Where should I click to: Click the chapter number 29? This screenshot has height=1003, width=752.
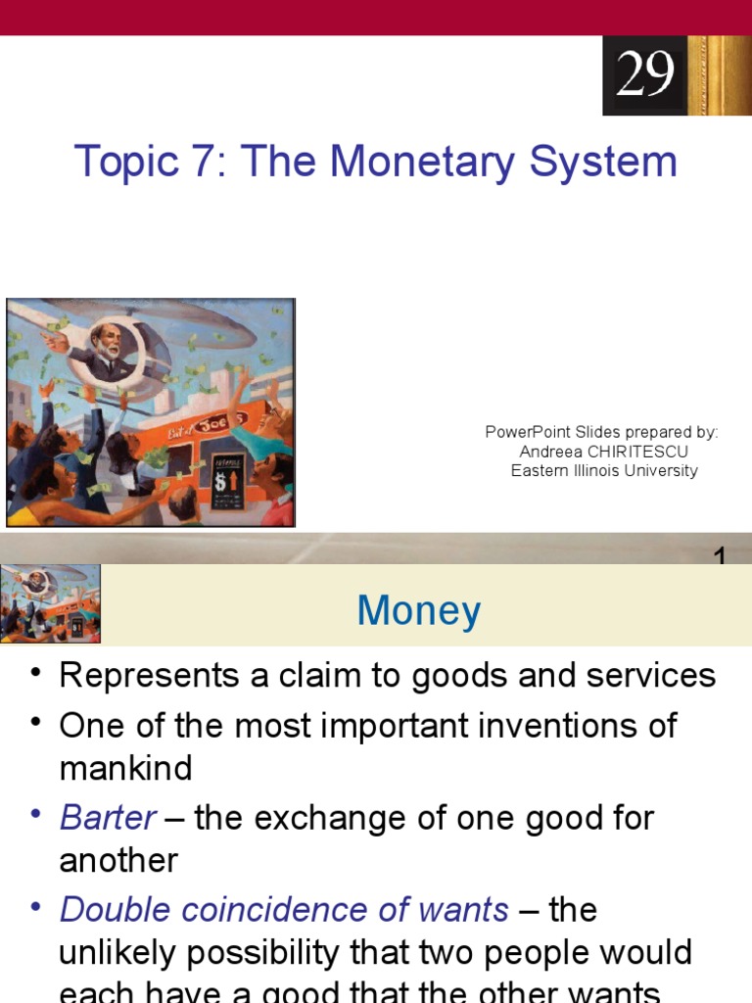pyautogui.click(x=645, y=73)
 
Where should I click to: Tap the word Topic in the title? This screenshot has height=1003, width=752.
pyautogui.click(x=123, y=162)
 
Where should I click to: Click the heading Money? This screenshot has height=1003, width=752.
pyautogui.click(x=419, y=611)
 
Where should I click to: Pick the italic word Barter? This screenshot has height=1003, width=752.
pyautogui.click(x=108, y=818)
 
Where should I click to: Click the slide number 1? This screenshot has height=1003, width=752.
pyautogui.click(x=720, y=557)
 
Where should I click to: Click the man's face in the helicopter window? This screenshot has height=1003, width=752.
pyautogui.click(x=108, y=342)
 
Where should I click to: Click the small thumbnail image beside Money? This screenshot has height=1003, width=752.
pyautogui.click(x=50, y=603)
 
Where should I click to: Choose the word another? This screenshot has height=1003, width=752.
pyautogui.click(x=118, y=861)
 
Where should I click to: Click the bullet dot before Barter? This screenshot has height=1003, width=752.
pyautogui.click(x=36, y=815)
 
